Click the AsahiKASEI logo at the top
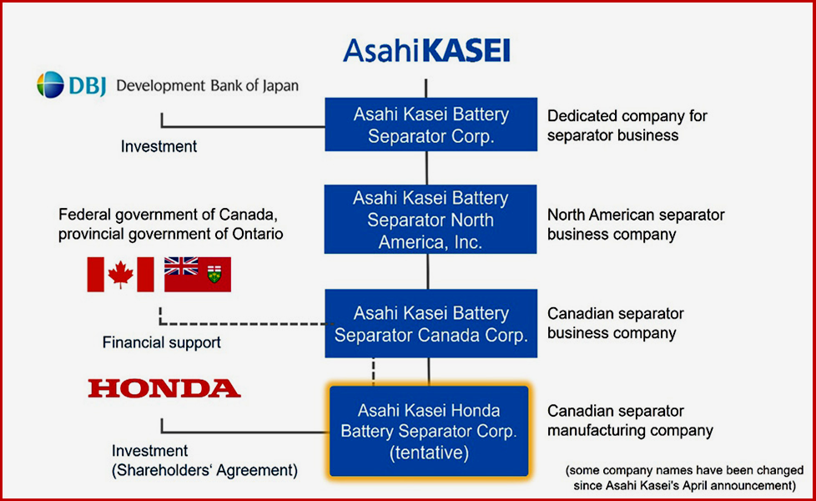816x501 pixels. pos(426,50)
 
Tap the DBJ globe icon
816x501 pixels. pos(51,85)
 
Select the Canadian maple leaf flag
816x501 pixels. pos(121,274)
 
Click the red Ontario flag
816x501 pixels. pos(198,274)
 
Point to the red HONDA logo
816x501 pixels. pos(164,388)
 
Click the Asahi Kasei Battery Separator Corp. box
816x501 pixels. pos(431,124)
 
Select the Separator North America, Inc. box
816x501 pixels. pos(431,220)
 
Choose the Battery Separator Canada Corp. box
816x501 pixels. pos(431,323)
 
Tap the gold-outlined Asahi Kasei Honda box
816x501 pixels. pos(429,431)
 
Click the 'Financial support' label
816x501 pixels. pos(161,342)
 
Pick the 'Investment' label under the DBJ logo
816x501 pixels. pos(159,146)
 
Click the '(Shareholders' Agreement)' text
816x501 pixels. pos(204,470)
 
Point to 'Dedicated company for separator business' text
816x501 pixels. pos(627,125)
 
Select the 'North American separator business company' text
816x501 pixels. pos(636,225)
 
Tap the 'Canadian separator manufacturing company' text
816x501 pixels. pos(630,421)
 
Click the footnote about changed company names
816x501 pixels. pos(685,478)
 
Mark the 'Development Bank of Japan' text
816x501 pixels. pos(207,85)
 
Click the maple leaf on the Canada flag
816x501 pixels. pos(121,275)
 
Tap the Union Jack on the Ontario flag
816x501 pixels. pos(181,266)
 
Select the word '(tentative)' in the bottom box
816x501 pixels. pos(430,453)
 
